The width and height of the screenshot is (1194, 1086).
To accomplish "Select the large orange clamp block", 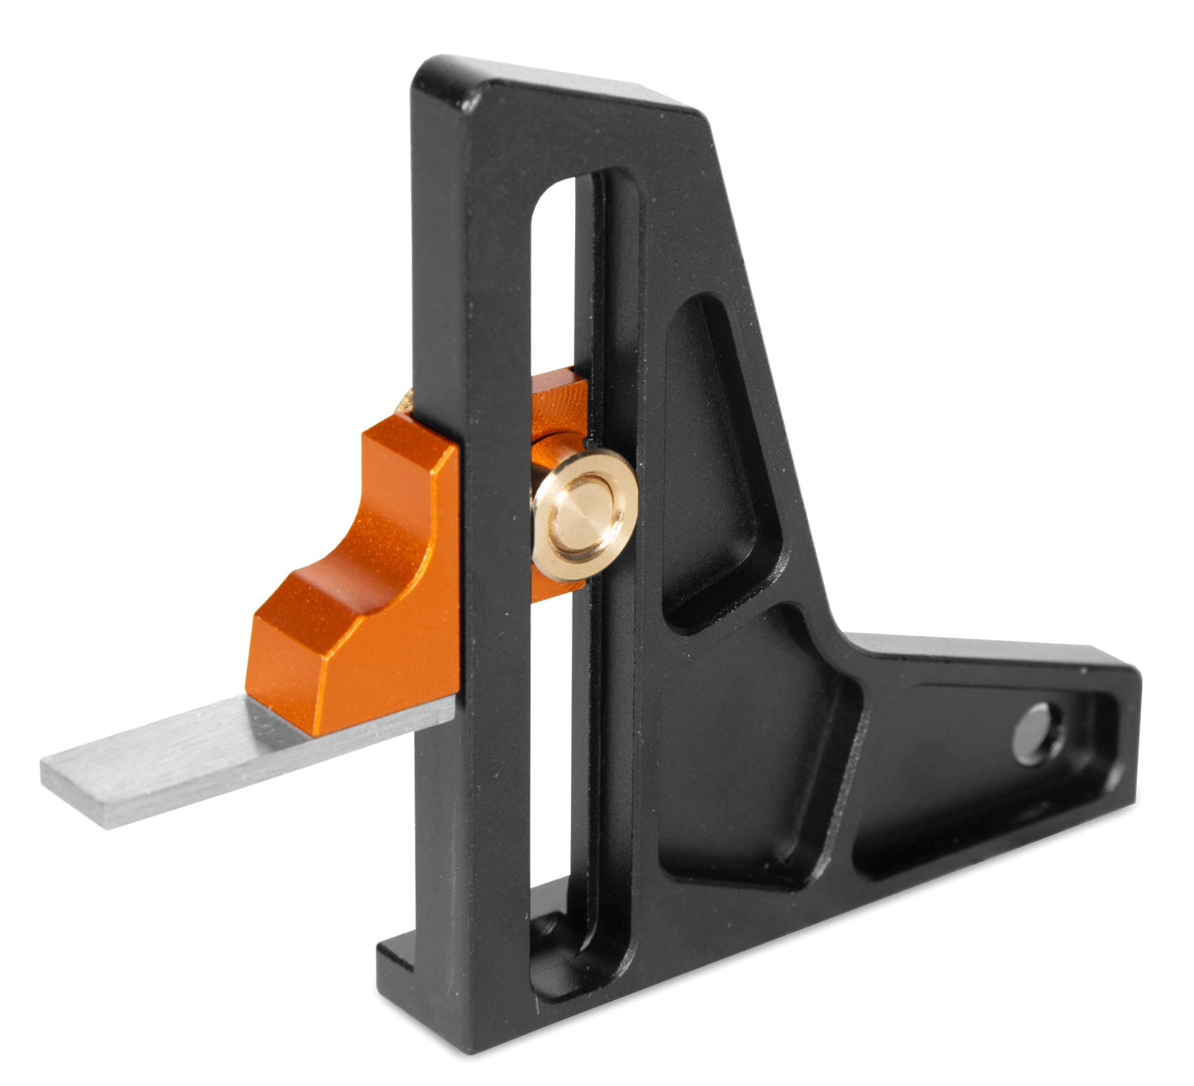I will pyautogui.click(x=364, y=595).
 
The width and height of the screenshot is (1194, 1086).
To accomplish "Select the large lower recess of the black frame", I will pyautogui.click(x=744, y=760).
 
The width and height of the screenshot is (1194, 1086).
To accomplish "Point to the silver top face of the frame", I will pyautogui.click(x=578, y=91).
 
